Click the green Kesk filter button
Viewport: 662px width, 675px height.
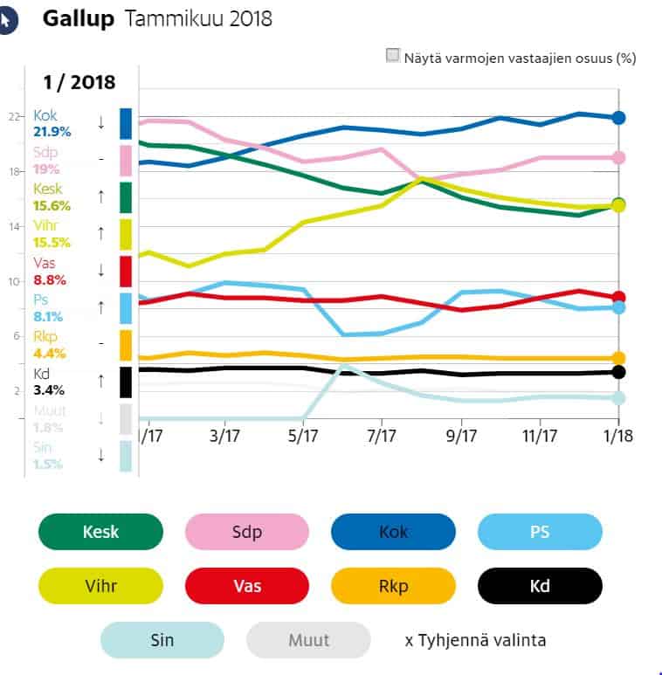[x=100, y=531]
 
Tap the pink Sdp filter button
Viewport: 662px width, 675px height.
[x=247, y=531]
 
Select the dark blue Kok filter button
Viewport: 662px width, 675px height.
[x=393, y=531]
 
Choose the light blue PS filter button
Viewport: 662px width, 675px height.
[x=540, y=531]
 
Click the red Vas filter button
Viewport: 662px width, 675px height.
[x=247, y=585]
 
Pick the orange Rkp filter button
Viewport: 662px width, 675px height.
[x=393, y=585]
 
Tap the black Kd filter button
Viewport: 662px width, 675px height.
[x=540, y=585]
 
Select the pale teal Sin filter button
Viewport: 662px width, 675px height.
[x=162, y=640]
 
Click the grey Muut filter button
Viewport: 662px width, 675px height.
[x=308, y=640]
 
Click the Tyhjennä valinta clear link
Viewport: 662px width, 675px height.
[x=475, y=640]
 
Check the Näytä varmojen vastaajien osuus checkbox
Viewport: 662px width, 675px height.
[x=393, y=57]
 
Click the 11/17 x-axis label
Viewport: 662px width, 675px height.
[x=540, y=434]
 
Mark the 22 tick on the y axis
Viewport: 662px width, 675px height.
[x=13, y=116]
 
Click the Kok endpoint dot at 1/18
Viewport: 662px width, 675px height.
[x=618, y=117]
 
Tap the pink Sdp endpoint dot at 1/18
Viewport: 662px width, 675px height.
[x=618, y=157]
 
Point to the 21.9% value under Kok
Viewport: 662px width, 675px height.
[x=51, y=131]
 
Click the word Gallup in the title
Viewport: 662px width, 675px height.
[x=79, y=18]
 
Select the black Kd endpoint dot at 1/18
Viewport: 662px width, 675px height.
[x=618, y=372]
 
